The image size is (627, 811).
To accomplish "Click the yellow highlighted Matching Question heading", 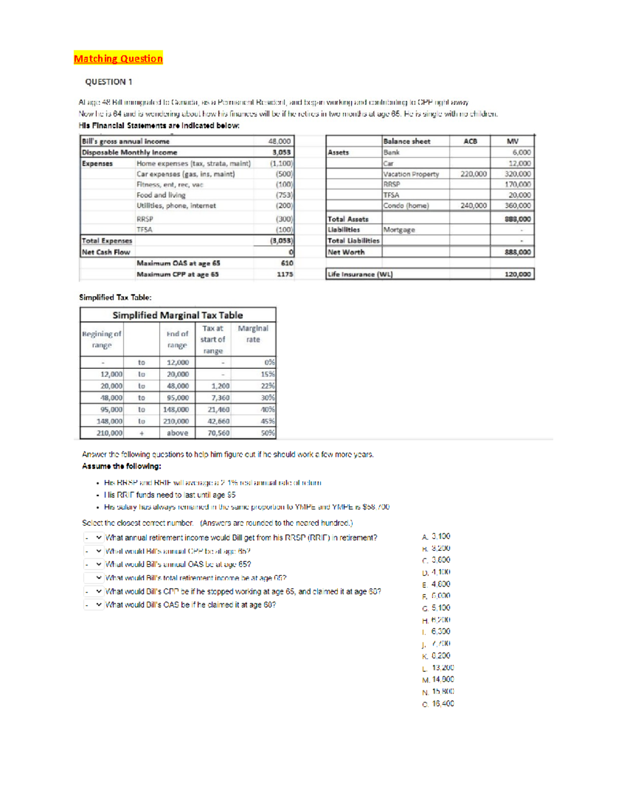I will [118, 58].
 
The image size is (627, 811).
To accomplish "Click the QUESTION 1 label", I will [109, 82].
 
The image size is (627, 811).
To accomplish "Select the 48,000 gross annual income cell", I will [279, 141].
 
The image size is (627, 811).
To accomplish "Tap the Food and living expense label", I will [161, 195].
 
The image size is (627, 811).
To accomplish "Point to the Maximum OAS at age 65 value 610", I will [287, 263].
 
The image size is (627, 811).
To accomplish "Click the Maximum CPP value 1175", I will [285, 274].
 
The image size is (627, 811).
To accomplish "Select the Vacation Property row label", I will [411, 174].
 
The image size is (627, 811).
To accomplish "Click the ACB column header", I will [470, 141].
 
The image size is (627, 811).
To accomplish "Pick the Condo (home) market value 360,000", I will [517, 206].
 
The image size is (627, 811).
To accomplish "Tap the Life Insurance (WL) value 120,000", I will [517, 274].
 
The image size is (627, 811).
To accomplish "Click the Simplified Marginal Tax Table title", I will [178, 315].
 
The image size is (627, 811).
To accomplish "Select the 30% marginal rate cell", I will [268, 398].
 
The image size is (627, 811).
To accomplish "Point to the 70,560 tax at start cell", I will [218, 433].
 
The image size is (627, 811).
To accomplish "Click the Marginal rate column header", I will [253, 334].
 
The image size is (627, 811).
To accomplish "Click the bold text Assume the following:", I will [121, 466].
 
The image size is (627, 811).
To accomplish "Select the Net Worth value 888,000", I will [517, 252].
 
